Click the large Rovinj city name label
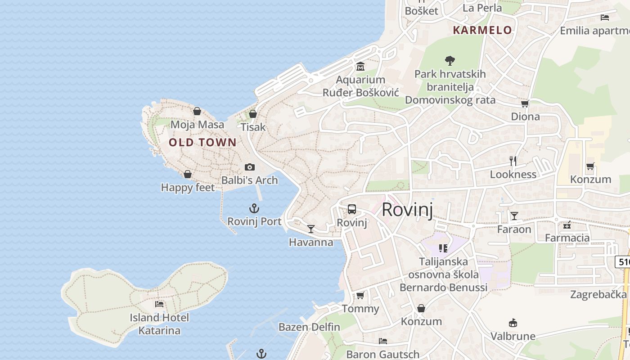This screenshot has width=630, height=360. click(x=408, y=210)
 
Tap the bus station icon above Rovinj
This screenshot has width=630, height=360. click(x=352, y=209)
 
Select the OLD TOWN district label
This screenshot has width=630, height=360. click(x=202, y=143)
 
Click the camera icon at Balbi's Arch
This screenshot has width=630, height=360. click(x=250, y=167)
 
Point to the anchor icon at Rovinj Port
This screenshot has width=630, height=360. click(x=254, y=208)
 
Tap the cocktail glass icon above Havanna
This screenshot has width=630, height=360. click(x=310, y=229)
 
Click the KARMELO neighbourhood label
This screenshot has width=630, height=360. click(x=482, y=30)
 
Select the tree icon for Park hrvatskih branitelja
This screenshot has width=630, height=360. click(x=450, y=61)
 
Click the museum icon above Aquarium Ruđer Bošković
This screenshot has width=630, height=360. click(x=360, y=67)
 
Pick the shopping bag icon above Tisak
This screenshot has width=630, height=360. click(x=253, y=114)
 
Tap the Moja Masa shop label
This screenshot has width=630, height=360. click(x=197, y=125)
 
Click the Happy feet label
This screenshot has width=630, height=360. click(x=188, y=188)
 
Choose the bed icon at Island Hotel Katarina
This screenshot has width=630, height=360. click(x=159, y=304)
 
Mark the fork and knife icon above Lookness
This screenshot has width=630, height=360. click(x=513, y=161)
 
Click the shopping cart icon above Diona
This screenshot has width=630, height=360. click(x=525, y=104)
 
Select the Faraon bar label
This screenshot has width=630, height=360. click(x=514, y=229)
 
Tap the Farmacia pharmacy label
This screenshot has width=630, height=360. click(x=567, y=238)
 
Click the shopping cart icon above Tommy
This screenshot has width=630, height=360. click(x=360, y=296)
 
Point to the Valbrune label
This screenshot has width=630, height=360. click(x=513, y=336)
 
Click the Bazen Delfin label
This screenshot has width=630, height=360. click(x=309, y=327)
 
